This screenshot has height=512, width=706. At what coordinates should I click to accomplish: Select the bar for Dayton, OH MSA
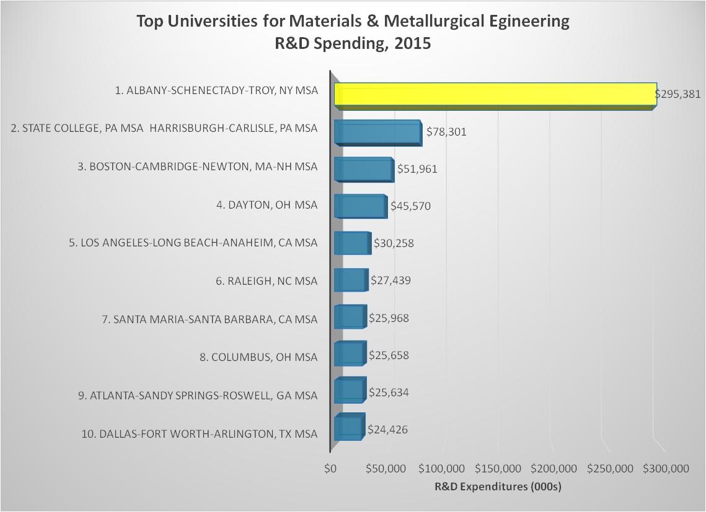[x=360, y=206]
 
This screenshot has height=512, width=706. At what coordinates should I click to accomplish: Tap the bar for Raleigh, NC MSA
[x=350, y=280]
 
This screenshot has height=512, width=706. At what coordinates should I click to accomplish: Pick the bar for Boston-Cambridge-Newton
[x=363, y=169]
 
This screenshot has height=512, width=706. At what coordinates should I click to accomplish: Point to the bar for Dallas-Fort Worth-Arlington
[x=348, y=427]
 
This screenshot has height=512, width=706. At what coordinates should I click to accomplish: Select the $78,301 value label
[x=446, y=132]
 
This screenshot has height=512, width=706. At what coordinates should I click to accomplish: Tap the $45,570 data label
[x=410, y=206]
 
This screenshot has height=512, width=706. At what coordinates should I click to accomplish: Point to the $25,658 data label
[x=389, y=355]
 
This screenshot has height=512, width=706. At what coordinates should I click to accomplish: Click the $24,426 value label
[x=387, y=429]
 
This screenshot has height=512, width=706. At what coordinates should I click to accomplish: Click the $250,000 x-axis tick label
[x=614, y=469]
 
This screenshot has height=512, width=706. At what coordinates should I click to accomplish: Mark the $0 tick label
[x=330, y=469]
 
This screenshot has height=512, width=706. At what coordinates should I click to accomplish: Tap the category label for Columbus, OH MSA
[x=264, y=357]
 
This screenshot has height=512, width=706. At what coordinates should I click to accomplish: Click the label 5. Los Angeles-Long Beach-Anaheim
[x=193, y=243]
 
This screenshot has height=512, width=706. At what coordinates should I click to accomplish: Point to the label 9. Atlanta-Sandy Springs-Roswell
[x=198, y=396]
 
